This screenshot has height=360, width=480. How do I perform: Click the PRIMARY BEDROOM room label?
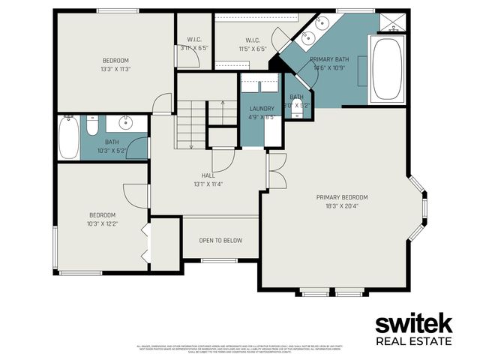click(346, 197)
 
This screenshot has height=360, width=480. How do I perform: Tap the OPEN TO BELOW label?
click(220, 241)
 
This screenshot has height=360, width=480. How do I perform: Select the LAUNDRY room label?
click(262, 109)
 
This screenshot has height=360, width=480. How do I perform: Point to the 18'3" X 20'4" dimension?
click(346, 205)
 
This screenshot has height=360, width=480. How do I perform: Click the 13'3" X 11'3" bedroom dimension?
click(116, 69)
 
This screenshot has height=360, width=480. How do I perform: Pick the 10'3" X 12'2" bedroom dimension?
click(102, 223)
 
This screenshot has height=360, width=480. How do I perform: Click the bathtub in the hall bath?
click(69, 137)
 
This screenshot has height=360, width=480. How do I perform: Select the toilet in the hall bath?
click(92, 127)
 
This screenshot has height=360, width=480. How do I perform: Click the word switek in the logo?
click(413, 325)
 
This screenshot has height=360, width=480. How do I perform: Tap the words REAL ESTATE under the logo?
click(413, 342)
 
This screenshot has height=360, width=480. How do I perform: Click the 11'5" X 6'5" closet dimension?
click(253, 49)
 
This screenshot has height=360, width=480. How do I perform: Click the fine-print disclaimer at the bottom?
click(240, 348)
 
